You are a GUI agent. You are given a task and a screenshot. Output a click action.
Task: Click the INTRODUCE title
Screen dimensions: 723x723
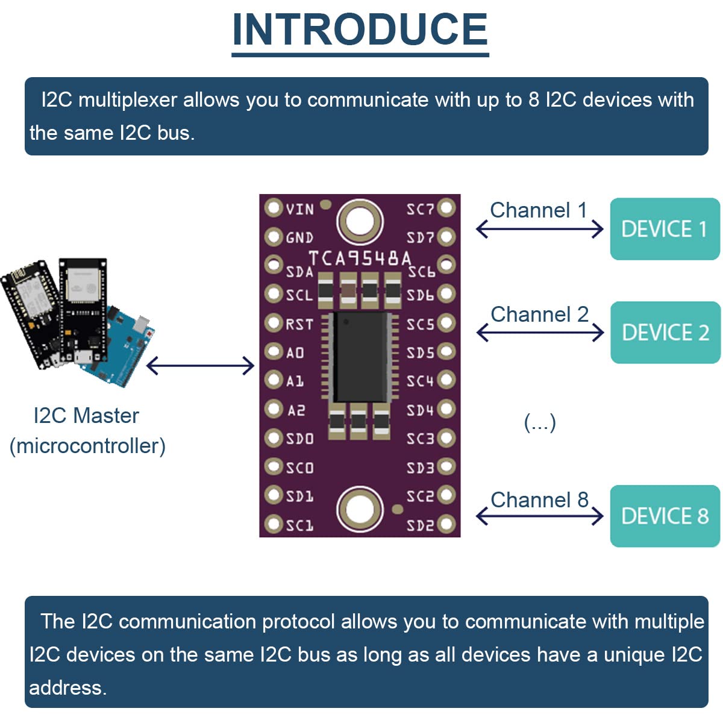click(x=360, y=30)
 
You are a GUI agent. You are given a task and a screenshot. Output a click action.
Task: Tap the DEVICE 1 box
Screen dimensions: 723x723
click(x=665, y=229)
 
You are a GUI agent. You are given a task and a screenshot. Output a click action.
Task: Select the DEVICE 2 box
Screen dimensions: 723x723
click(x=665, y=333)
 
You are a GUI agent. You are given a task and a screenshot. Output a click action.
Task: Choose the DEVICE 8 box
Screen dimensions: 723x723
click(x=665, y=516)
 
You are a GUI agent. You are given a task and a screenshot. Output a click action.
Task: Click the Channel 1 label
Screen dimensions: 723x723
click(x=538, y=210)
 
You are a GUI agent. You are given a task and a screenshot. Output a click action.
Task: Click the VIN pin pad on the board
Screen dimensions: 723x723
click(x=274, y=208)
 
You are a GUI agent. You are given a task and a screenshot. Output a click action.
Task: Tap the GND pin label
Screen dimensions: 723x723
click(x=299, y=238)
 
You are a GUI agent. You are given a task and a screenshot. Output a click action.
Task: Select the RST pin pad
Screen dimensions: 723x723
click(x=274, y=323)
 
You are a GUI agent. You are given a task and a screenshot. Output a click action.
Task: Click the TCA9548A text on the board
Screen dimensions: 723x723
click(x=360, y=258)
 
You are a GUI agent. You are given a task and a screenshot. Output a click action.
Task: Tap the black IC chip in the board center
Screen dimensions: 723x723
click(x=360, y=357)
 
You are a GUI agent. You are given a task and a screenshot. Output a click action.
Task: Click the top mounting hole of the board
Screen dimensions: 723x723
click(x=360, y=221)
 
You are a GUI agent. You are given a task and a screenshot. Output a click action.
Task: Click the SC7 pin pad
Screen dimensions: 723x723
click(x=446, y=208)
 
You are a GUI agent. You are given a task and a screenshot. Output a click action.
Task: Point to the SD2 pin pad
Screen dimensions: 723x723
click(x=446, y=524)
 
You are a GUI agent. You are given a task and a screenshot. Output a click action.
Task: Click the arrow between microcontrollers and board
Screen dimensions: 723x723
click(x=201, y=365)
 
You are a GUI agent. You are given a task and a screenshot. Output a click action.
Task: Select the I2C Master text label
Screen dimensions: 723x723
click(x=86, y=416)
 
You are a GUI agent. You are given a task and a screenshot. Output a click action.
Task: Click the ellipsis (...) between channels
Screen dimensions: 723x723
click(x=539, y=422)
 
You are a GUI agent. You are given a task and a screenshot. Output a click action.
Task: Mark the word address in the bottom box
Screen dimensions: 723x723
click(x=67, y=687)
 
